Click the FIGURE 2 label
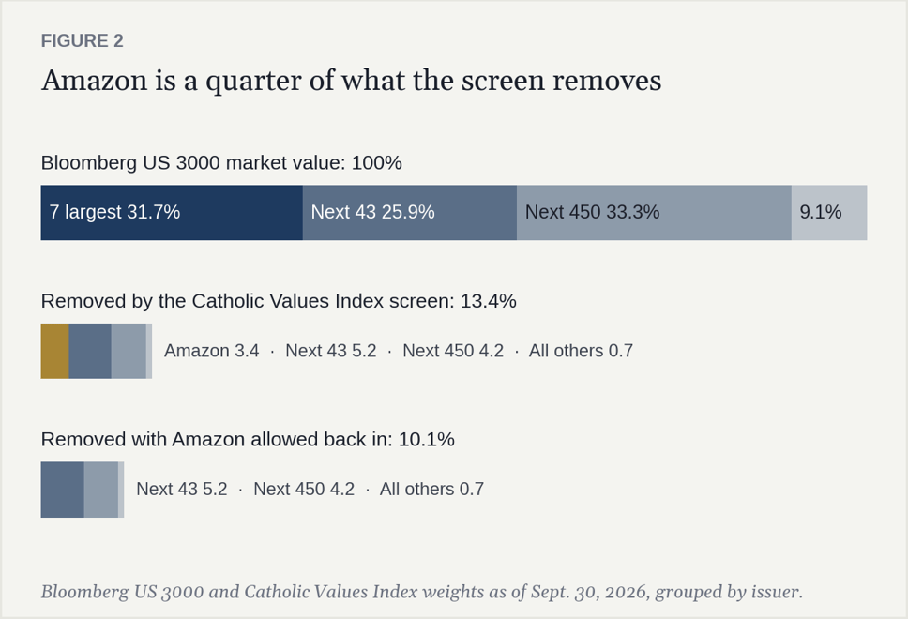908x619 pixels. click(x=82, y=40)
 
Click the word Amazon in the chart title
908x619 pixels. click(x=95, y=80)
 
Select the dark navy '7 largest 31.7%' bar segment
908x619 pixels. click(x=172, y=213)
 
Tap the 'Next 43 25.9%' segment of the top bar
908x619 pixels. click(x=409, y=213)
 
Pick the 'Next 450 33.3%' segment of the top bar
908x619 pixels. click(x=654, y=213)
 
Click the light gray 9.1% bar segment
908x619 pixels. click(x=829, y=213)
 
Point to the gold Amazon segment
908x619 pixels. click(x=55, y=351)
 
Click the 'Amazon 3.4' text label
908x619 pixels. click(x=211, y=351)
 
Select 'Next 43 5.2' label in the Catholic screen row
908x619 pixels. click(x=331, y=351)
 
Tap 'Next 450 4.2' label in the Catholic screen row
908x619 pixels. click(x=453, y=351)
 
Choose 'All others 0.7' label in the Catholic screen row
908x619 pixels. click(x=581, y=351)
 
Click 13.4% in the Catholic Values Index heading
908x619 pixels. click(x=488, y=301)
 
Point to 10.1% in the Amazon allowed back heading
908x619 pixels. click(x=426, y=440)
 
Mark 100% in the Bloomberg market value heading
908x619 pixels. click(x=376, y=162)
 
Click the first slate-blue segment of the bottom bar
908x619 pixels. click(x=62, y=490)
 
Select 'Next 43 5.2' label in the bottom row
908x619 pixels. click(x=181, y=490)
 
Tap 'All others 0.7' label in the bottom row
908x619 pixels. click(x=431, y=490)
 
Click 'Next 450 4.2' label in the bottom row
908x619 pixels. click(x=304, y=490)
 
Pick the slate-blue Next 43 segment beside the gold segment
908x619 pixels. click(x=90, y=351)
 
